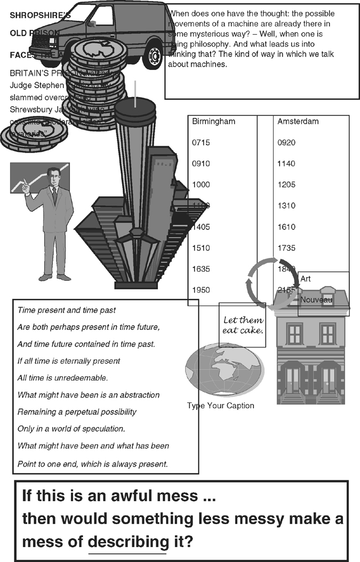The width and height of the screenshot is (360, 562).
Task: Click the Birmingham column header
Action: [x=213, y=122]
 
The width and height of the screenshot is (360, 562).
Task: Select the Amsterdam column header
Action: [x=298, y=122]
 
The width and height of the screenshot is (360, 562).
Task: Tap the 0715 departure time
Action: [x=201, y=143]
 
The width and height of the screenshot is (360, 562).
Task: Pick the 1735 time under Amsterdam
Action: [x=286, y=248]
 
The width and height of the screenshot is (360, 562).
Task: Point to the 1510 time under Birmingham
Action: [x=201, y=248]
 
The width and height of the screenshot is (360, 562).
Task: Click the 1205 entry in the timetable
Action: [x=286, y=185]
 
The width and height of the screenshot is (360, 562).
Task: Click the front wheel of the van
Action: [x=154, y=56]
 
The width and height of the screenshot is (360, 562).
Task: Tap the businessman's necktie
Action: [x=54, y=195]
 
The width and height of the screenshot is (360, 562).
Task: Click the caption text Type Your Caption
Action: [x=220, y=406]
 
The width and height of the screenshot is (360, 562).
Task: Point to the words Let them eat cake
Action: [x=243, y=325]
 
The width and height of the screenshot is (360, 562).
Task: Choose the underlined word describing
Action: [x=127, y=542]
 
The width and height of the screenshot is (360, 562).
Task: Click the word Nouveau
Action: [x=316, y=300]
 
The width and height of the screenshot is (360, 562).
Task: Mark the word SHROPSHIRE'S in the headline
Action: [x=40, y=16]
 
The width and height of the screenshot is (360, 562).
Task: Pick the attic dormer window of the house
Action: [x=328, y=299]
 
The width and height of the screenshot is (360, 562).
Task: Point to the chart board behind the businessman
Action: [x=27, y=179]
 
